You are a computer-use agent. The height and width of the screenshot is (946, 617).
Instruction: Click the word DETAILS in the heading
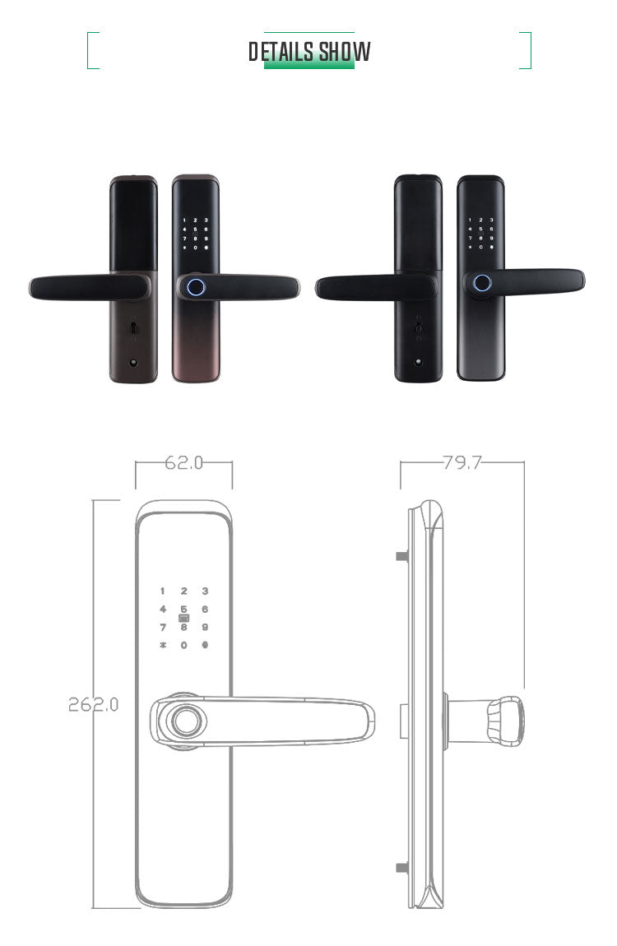pyautogui.click(x=281, y=52)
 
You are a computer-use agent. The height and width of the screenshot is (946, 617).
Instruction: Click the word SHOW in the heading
pyautogui.click(x=345, y=52)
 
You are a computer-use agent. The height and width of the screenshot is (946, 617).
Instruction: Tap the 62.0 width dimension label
pyautogui.click(x=184, y=463)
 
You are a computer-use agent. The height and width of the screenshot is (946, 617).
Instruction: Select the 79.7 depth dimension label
pyautogui.click(x=462, y=463)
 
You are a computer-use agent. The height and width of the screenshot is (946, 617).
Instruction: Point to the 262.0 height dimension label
pyautogui.click(x=93, y=704)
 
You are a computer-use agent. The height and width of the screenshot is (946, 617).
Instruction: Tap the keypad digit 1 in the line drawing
pyautogui.click(x=162, y=591)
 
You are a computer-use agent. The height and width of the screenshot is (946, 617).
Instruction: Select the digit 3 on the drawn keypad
pyautogui.click(x=205, y=591)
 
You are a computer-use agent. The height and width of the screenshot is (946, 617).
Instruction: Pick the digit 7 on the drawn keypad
pyautogui.click(x=163, y=628)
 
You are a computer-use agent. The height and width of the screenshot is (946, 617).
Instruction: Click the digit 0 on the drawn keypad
pyautogui.click(x=184, y=645)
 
